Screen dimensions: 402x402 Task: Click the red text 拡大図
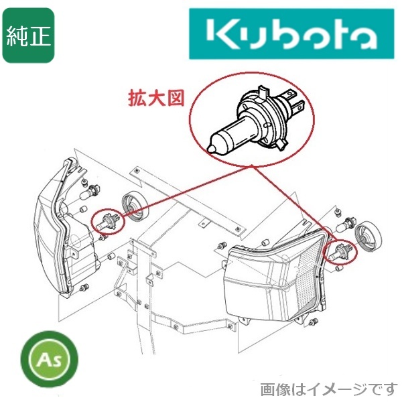155,98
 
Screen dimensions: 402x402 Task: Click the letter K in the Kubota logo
220,34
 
